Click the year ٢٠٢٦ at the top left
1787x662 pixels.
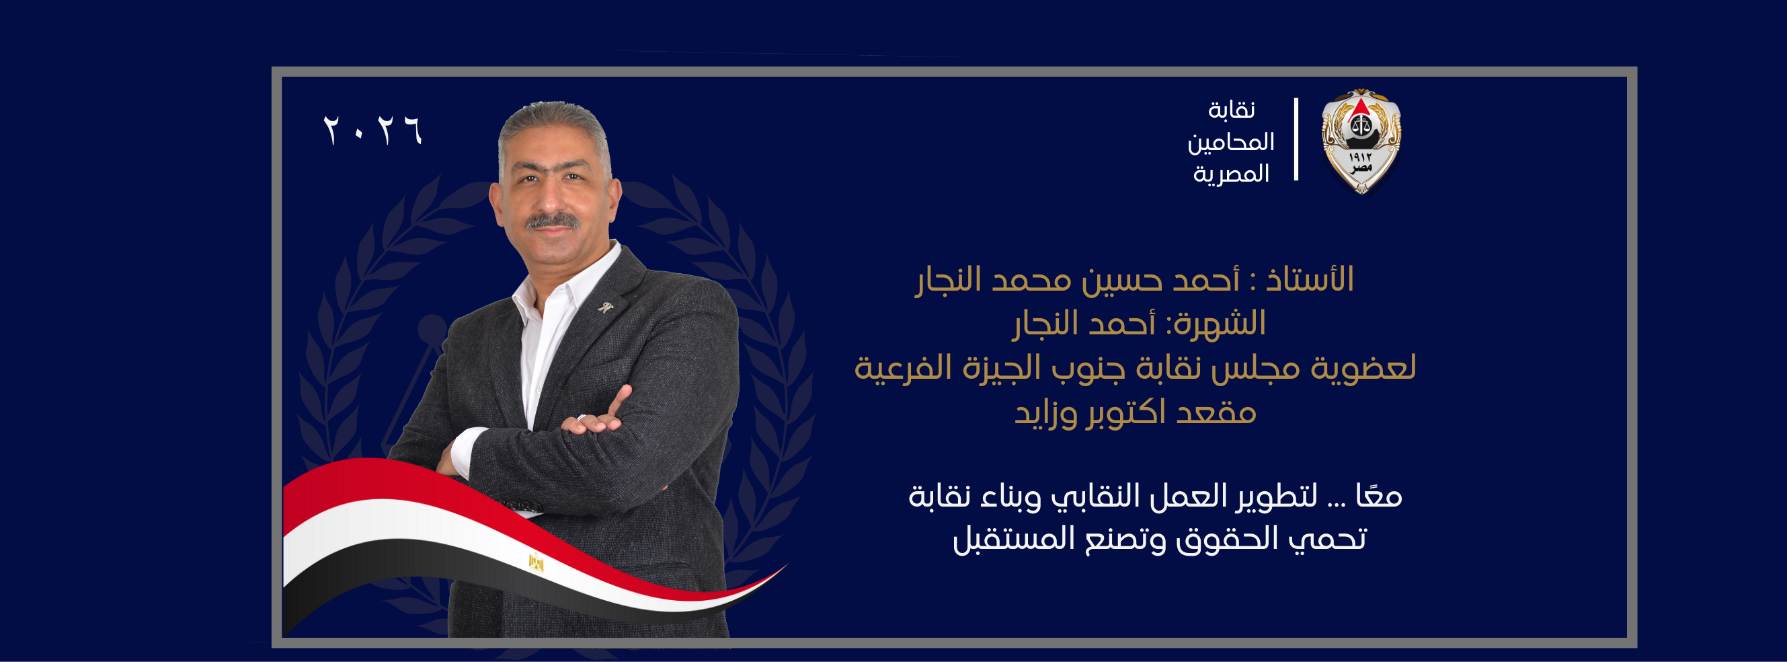[372, 130]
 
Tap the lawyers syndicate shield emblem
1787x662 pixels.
[1361, 141]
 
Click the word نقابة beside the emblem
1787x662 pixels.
[1232, 110]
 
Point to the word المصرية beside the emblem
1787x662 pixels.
[1232, 174]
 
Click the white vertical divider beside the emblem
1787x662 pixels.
[1296, 139]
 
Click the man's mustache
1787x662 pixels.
[551, 221]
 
